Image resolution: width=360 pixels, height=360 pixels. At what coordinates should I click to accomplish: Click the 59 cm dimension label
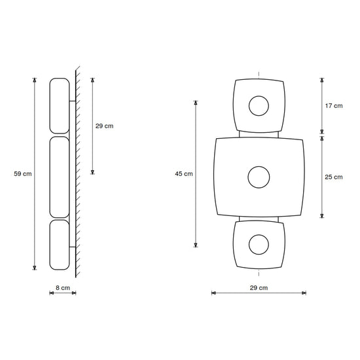pyautogui.click(x=23, y=174)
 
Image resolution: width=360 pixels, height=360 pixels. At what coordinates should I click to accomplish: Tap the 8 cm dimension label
pyautogui.click(x=63, y=288)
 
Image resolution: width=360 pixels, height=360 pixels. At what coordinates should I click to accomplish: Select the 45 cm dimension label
pyautogui.click(x=184, y=174)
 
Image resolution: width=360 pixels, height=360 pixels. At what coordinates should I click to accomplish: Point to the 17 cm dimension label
pyautogui.click(x=334, y=106)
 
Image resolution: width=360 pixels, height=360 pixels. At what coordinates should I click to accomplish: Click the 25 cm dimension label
pyautogui.click(x=334, y=177)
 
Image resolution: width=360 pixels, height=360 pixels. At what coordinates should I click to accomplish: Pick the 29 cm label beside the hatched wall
pyautogui.click(x=105, y=126)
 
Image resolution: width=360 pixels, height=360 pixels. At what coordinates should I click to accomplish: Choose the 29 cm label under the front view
pyautogui.click(x=259, y=288)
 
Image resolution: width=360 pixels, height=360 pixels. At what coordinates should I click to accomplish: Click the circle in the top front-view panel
pyautogui.click(x=259, y=96)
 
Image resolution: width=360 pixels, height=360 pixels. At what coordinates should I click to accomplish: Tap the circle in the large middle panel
pyautogui.click(x=259, y=166)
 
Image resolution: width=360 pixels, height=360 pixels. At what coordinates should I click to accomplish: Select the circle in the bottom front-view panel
pyautogui.click(x=259, y=235)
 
